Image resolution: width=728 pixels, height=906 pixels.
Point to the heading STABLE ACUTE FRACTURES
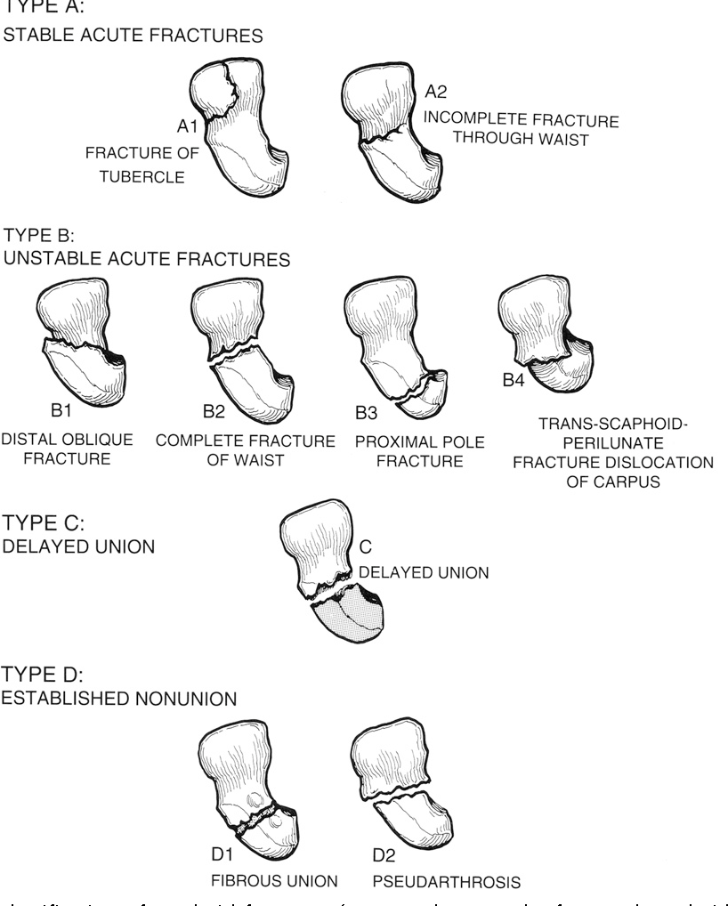pyautogui.click(x=134, y=36)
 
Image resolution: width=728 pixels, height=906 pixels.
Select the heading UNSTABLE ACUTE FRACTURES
pyautogui.click(x=147, y=261)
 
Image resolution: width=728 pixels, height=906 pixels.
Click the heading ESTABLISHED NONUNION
pyautogui.click(x=119, y=699)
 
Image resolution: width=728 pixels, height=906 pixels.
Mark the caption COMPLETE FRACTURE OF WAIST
pyautogui.click(x=246, y=450)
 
